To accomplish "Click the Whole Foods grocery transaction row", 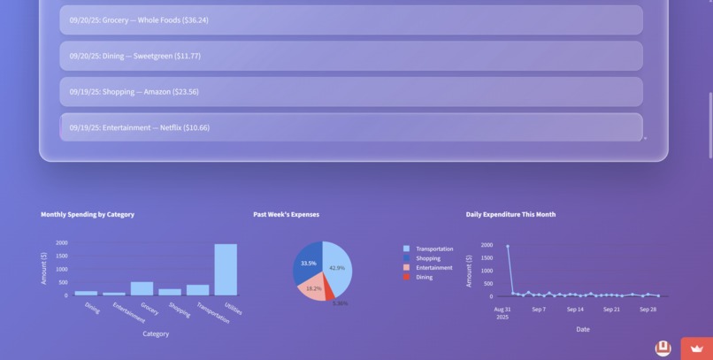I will pyautogui.click(x=350, y=19).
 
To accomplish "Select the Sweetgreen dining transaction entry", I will pyautogui.click(x=350, y=56).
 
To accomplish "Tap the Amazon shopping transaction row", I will pyautogui.click(x=350, y=92).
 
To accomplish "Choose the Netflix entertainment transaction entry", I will pyautogui.click(x=350, y=127).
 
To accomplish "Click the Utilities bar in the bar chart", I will pyautogui.click(x=226, y=270).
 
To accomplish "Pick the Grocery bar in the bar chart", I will pyautogui.click(x=142, y=288).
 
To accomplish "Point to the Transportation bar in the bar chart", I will pyautogui.click(x=197, y=290).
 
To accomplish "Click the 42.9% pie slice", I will pyautogui.click(x=338, y=268).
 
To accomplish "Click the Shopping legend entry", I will pyautogui.click(x=428, y=258).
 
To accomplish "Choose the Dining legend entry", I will pyautogui.click(x=424, y=277).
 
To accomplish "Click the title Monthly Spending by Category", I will pyautogui.click(x=88, y=214).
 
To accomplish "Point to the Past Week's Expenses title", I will pyautogui.click(x=286, y=214).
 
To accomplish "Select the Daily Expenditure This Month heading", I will pyautogui.click(x=510, y=214).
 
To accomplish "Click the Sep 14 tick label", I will pyautogui.click(x=575, y=310).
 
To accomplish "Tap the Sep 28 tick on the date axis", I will pyautogui.click(x=648, y=310).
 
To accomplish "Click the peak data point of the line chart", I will pyautogui.click(x=508, y=246).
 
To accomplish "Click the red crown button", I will pyautogui.click(x=697, y=349).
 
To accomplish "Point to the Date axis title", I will pyautogui.click(x=582, y=329).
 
